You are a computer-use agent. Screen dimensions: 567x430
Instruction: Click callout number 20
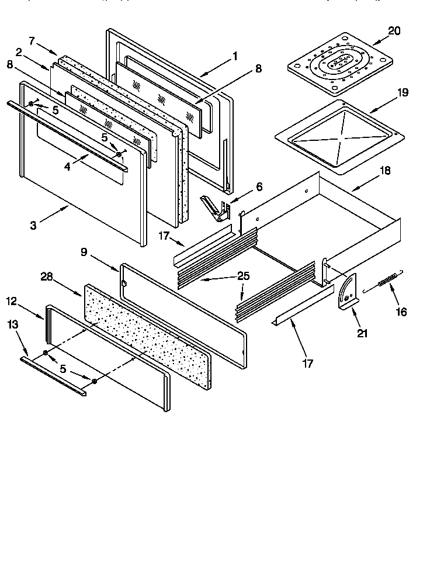point(394,31)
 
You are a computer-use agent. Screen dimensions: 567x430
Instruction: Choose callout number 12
point(12,301)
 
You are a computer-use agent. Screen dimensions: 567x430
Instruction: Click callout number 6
point(258,187)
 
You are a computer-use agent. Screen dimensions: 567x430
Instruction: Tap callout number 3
point(33,224)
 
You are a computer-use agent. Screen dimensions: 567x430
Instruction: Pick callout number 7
point(32,40)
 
